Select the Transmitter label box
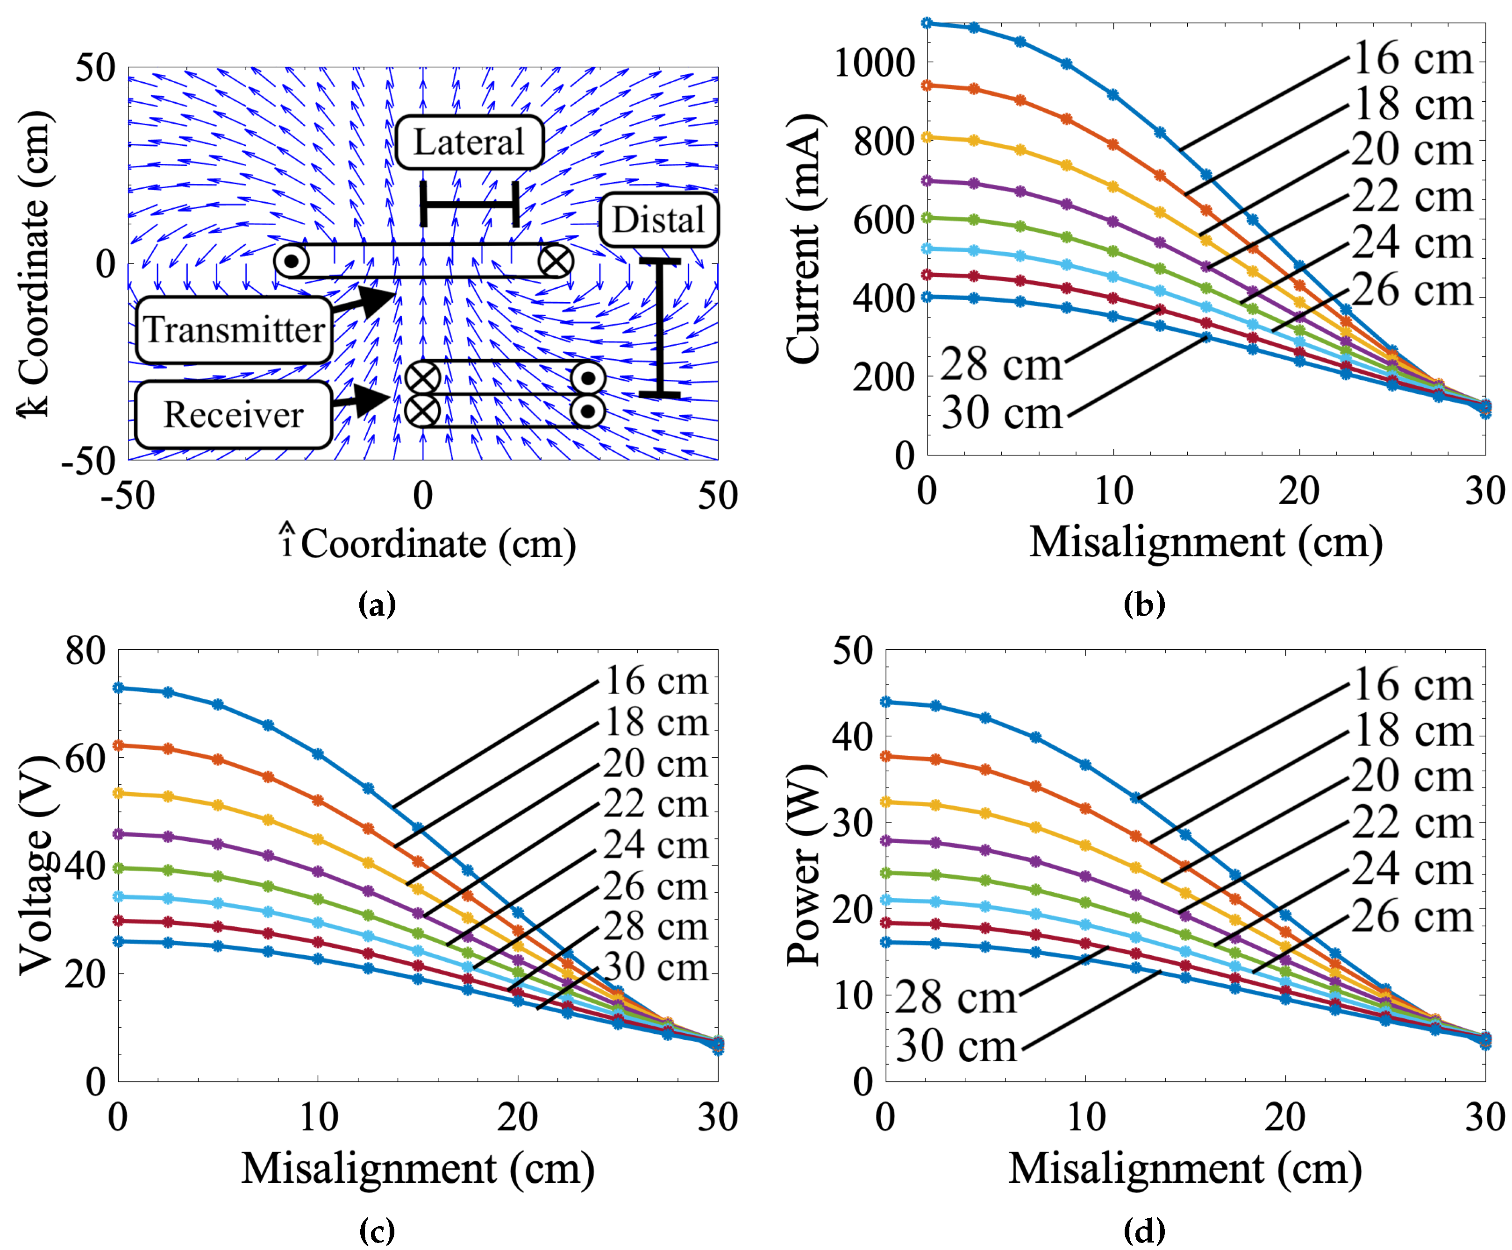235,330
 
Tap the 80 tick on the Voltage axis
85,651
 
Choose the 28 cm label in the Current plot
1001,364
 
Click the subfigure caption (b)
1144,604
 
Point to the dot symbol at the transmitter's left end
291,261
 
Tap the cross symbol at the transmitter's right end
556,261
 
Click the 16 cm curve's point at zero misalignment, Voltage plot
119,687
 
